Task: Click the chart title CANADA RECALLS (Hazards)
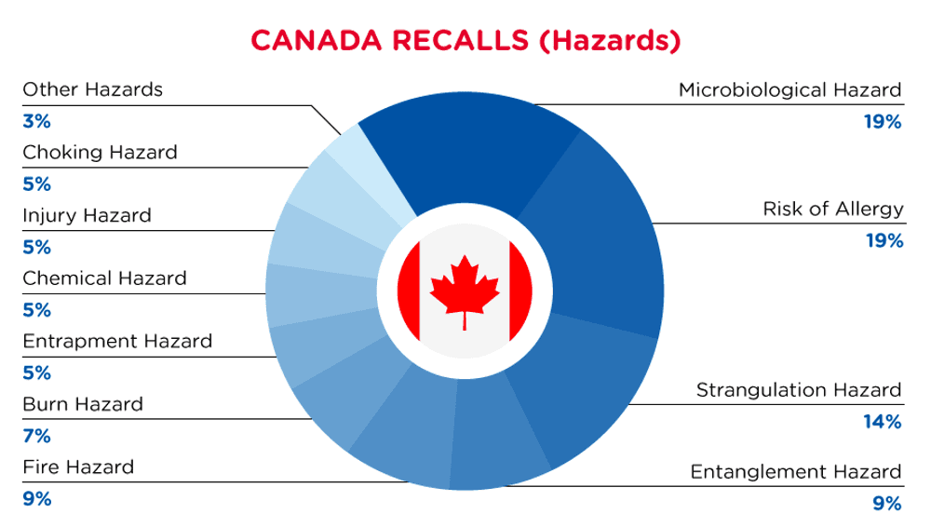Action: (x=465, y=40)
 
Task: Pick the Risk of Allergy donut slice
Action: (x=600, y=237)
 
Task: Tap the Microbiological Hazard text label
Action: (x=789, y=89)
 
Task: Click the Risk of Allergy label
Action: (x=833, y=210)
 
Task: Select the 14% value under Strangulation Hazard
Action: (x=883, y=422)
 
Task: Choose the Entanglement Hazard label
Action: (x=796, y=471)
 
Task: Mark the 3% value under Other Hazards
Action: (x=37, y=121)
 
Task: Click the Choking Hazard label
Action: (x=100, y=153)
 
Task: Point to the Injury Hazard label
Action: (x=87, y=215)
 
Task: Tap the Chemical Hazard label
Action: (x=104, y=278)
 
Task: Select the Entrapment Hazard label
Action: (x=117, y=342)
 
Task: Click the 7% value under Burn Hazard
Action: (x=37, y=436)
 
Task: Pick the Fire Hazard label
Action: (x=78, y=467)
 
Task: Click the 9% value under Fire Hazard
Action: (x=37, y=499)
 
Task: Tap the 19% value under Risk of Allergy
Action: (x=884, y=240)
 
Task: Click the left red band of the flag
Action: (x=410, y=291)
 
